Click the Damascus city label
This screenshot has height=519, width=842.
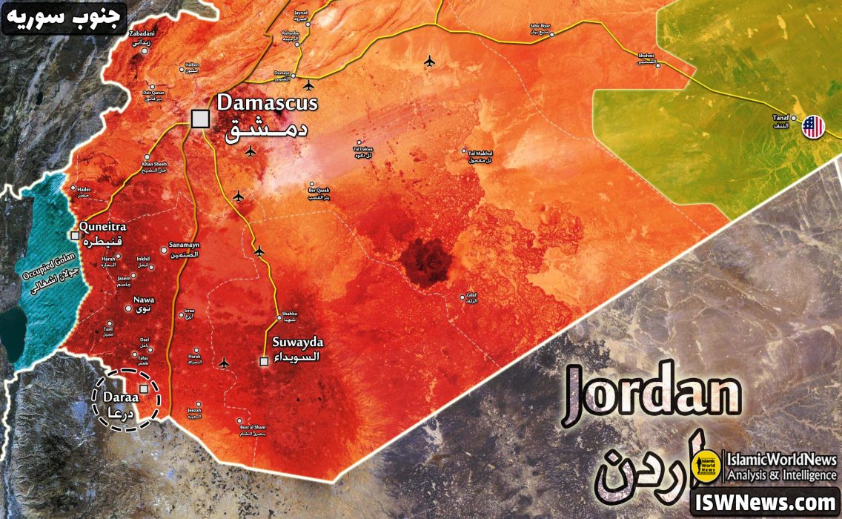pos(267,102)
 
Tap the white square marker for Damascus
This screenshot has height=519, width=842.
pos(199,119)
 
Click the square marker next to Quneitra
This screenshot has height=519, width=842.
pos(75,236)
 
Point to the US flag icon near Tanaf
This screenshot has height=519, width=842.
pos(813,127)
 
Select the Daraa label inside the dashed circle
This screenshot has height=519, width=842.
pos(116,397)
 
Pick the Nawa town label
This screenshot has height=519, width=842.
pos(143,300)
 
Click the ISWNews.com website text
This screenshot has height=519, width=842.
pos(764,503)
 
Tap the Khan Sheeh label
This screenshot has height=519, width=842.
pos(155,165)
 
